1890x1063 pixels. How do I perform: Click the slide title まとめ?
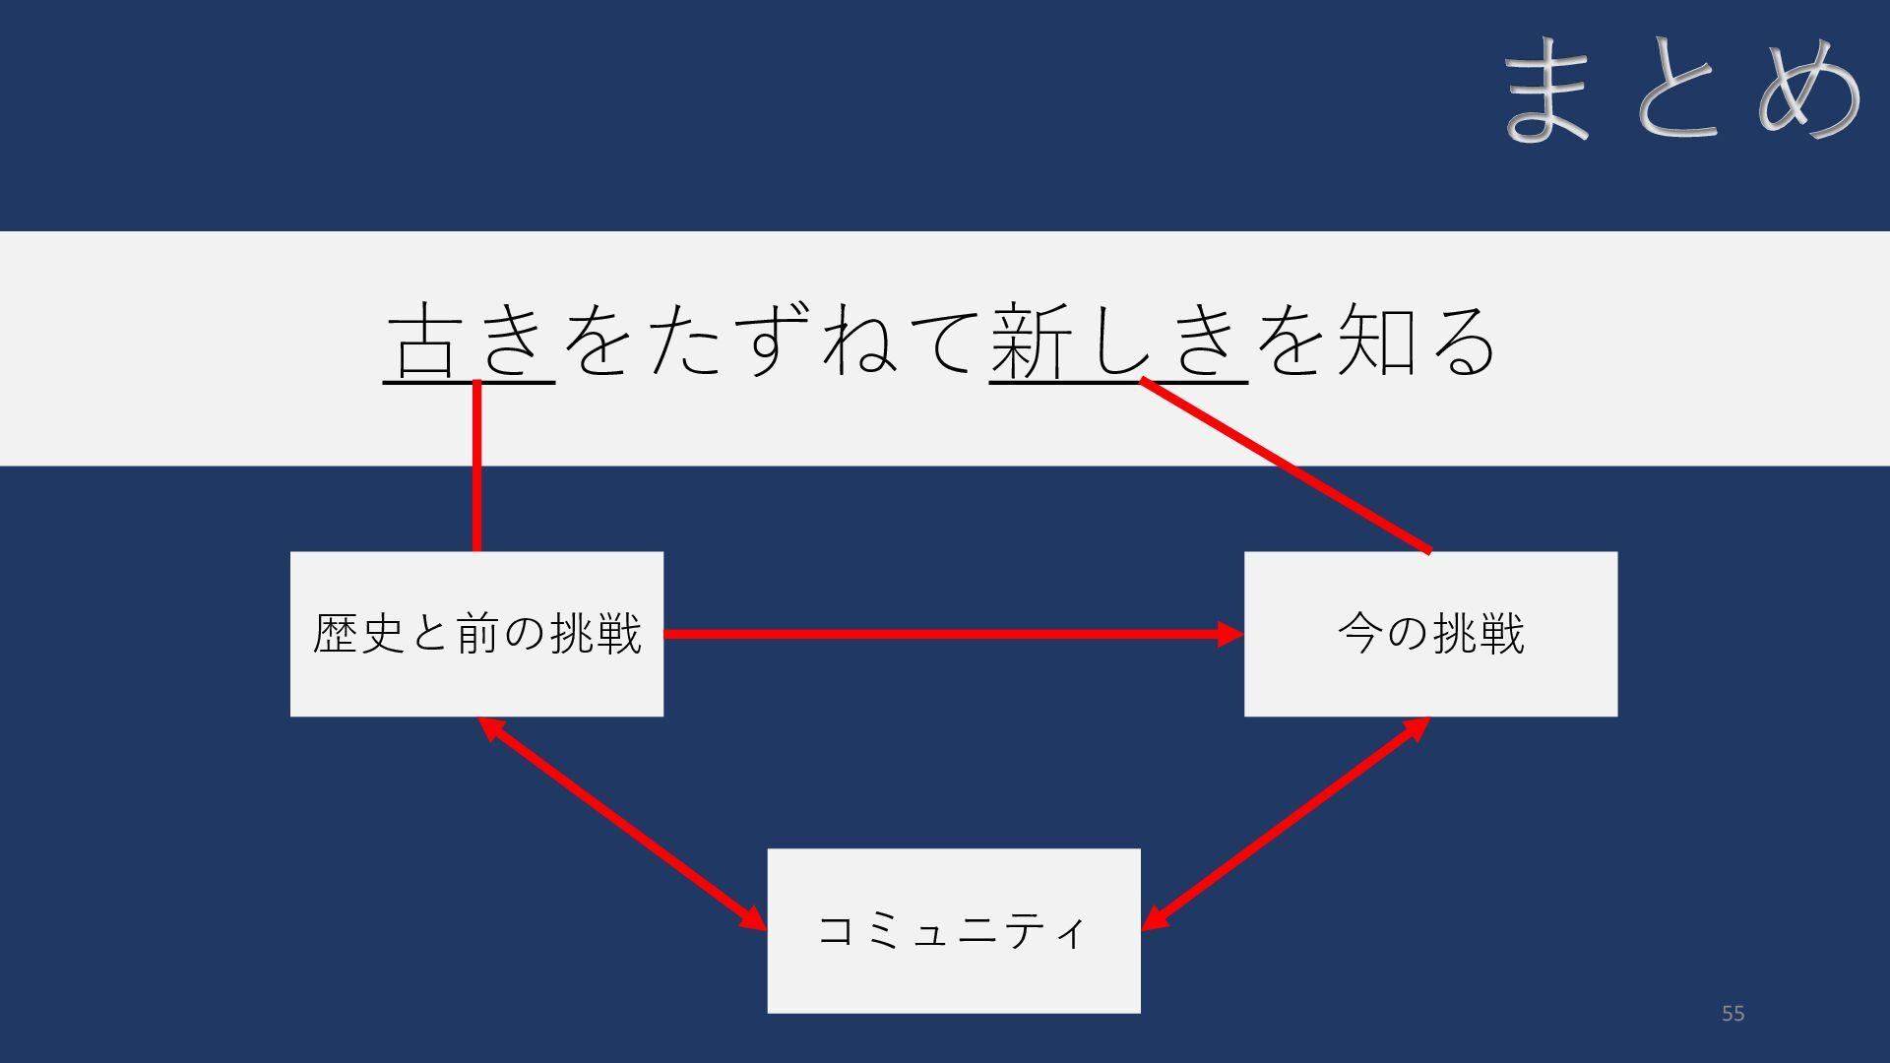(x=1681, y=89)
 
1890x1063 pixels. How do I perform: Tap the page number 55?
(x=1732, y=1013)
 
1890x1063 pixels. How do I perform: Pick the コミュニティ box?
(x=953, y=974)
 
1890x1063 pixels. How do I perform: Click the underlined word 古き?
(x=469, y=340)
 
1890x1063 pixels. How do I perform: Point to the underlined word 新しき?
(x=1117, y=340)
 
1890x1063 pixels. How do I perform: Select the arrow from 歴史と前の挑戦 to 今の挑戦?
(x=945, y=634)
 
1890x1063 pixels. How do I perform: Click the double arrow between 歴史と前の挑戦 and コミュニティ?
(x=620, y=822)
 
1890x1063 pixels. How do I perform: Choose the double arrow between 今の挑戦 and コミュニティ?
(x=1285, y=822)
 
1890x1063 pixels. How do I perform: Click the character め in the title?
(x=1809, y=89)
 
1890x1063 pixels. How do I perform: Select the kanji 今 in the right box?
(x=1359, y=633)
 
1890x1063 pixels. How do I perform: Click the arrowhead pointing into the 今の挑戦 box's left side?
(x=1230, y=634)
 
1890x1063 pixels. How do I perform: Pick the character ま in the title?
(x=1547, y=89)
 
